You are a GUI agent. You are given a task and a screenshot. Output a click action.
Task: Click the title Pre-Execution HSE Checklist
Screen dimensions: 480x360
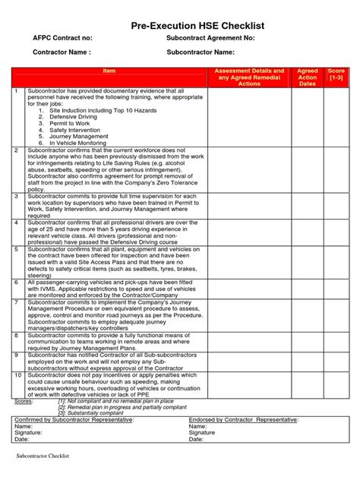point(180,27)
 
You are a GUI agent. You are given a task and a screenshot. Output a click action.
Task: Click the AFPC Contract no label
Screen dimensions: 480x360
point(62,38)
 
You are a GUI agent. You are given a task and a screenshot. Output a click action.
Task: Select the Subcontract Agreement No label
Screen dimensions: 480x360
point(210,38)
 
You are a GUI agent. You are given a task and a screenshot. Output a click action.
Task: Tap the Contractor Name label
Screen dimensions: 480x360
point(62,52)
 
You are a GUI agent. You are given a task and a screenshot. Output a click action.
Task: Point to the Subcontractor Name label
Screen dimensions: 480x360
point(201,52)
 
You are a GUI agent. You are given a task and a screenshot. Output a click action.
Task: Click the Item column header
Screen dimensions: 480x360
point(109,71)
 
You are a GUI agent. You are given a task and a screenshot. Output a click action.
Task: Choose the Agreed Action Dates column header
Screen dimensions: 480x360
point(308,77)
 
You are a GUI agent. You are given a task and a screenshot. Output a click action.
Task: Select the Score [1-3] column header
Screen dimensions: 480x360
point(336,74)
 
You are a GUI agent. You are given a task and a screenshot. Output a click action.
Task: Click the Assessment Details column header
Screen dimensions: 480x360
point(250,77)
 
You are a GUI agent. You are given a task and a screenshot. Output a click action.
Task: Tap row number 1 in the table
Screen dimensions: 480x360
point(17,91)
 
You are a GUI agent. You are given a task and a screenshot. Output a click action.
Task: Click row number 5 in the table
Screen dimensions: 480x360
point(17,249)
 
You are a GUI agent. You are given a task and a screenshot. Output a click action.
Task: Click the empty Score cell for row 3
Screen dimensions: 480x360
point(336,205)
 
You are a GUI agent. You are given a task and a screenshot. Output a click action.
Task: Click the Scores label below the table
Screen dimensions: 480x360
point(24,401)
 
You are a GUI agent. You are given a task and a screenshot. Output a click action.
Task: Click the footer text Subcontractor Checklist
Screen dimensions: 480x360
point(43,456)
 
